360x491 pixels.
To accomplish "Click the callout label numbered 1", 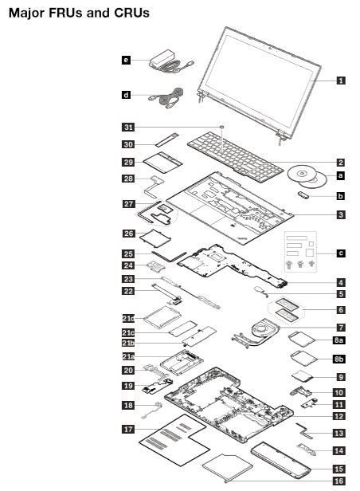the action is (341, 81).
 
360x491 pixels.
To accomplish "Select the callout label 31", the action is (128, 128).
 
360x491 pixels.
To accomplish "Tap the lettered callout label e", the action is (126, 60).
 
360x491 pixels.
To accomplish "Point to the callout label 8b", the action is (338, 359).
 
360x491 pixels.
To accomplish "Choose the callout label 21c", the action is (128, 332).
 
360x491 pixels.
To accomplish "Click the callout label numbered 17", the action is (128, 429).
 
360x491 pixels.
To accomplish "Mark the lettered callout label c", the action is (341, 253).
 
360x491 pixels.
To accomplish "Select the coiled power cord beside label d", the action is (166, 98).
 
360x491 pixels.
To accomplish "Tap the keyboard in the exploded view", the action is (235, 156).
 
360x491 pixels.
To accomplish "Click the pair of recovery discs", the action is (307, 177).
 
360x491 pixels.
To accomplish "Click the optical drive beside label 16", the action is (228, 468).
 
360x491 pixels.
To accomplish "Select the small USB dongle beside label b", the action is (303, 195).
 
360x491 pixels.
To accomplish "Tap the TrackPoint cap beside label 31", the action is (221, 127).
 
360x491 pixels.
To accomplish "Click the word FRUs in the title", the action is (65, 13).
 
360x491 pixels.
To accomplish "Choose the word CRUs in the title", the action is (131, 13).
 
